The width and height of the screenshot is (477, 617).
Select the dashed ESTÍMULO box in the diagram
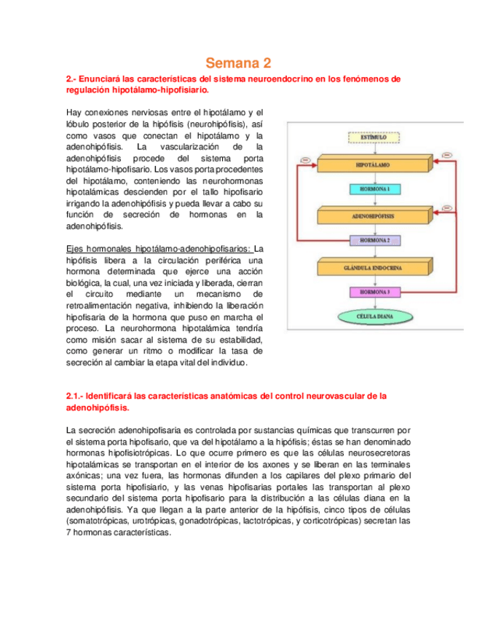[374, 137]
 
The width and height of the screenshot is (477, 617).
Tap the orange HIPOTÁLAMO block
[374, 166]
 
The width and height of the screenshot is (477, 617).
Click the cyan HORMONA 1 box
[374, 188]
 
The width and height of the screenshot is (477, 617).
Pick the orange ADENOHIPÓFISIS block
[374, 216]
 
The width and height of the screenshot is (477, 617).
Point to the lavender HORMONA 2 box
[374, 239]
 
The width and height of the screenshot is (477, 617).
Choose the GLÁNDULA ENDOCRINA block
[374, 266]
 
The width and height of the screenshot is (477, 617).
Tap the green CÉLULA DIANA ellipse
[374, 317]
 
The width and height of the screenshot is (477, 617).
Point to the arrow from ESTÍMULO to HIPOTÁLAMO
[374, 150]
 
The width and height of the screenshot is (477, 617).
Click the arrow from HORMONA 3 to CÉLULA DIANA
[374, 303]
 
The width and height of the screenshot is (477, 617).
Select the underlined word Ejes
[75, 249]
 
